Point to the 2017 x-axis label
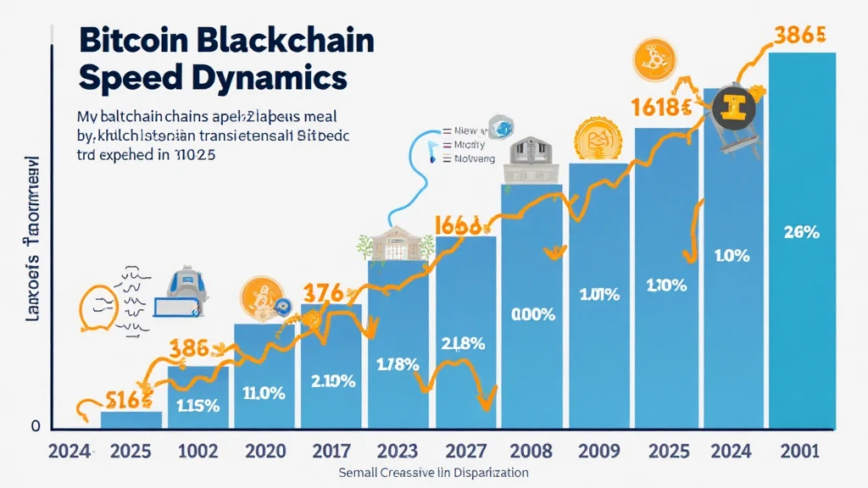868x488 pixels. [x=333, y=450]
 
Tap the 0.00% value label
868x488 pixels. [x=533, y=314]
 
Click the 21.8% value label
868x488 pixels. [x=464, y=343]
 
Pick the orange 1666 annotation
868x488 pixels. [x=458, y=225]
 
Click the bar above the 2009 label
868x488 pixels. [x=599, y=297]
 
